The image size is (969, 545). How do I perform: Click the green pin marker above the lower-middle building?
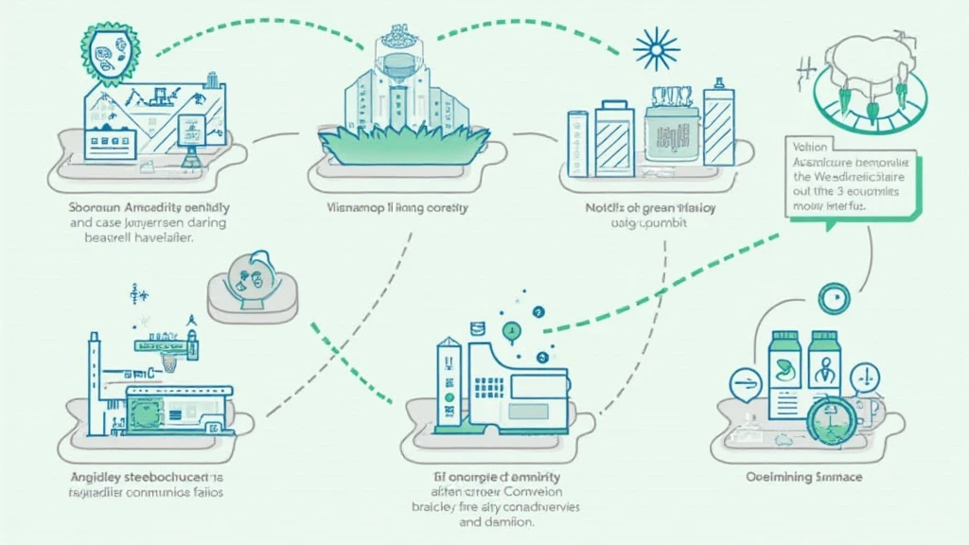pos(512,330)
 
